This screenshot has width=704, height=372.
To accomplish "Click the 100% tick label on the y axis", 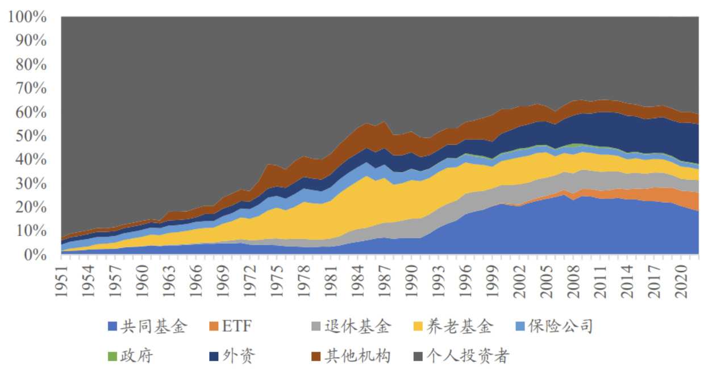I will tap(27, 17).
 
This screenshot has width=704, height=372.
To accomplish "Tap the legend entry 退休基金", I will tap(358, 326).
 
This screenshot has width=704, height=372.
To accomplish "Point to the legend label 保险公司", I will tap(560, 326).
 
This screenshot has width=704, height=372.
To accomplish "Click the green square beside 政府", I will tap(113, 357).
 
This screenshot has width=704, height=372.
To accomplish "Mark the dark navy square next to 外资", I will tap(215, 357).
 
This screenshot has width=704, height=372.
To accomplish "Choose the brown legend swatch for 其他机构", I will tap(317, 357).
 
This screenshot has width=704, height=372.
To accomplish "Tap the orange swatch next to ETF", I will tap(215, 327).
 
